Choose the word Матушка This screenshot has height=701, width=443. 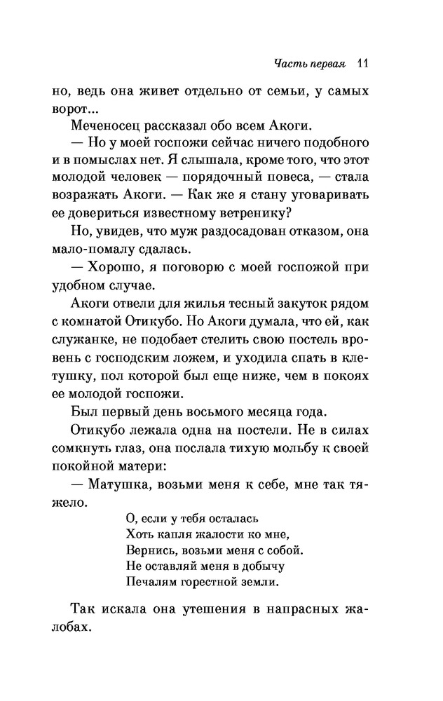[120, 485]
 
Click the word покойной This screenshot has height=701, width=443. [98, 465]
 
